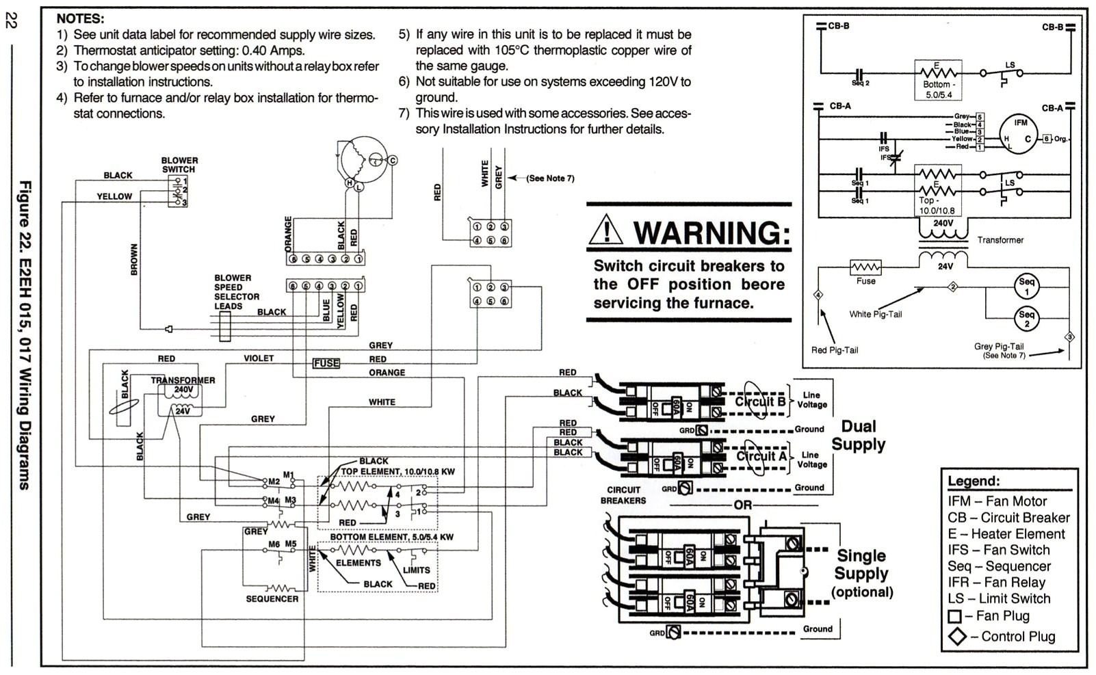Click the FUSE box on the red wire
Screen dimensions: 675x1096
[x=326, y=363]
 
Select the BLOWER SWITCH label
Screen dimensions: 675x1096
[x=179, y=165]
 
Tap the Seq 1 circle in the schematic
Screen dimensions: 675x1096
[x=1026, y=287]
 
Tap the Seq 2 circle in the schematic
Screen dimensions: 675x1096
[x=1026, y=319]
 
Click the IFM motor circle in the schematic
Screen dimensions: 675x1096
[x=1019, y=132]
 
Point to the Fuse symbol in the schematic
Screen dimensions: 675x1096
[x=865, y=267]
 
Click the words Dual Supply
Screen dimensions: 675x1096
[x=858, y=436]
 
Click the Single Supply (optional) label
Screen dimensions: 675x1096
[x=861, y=573]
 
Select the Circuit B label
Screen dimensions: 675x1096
[x=759, y=402]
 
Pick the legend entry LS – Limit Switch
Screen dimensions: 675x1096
[x=998, y=598]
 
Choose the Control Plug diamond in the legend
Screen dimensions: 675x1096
[x=956, y=637]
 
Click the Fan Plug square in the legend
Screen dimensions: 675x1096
[x=955, y=616]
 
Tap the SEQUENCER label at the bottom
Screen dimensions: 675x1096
[x=272, y=598]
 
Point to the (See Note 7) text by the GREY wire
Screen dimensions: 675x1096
[x=550, y=178]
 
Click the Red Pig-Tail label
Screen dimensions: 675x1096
[x=834, y=350]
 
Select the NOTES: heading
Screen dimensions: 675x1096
[x=80, y=18]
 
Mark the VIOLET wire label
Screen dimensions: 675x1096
[x=259, y=358]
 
